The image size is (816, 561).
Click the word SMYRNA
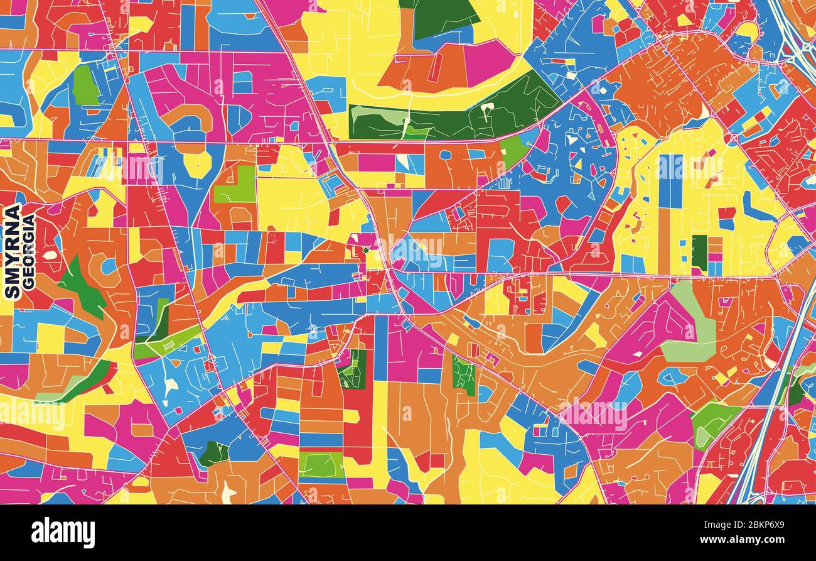12,251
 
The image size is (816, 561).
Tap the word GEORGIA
28,252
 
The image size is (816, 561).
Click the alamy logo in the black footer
63,533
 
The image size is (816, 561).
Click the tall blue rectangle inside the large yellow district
670,181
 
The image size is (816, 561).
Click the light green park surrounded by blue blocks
85,85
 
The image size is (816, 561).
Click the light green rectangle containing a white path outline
321,464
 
